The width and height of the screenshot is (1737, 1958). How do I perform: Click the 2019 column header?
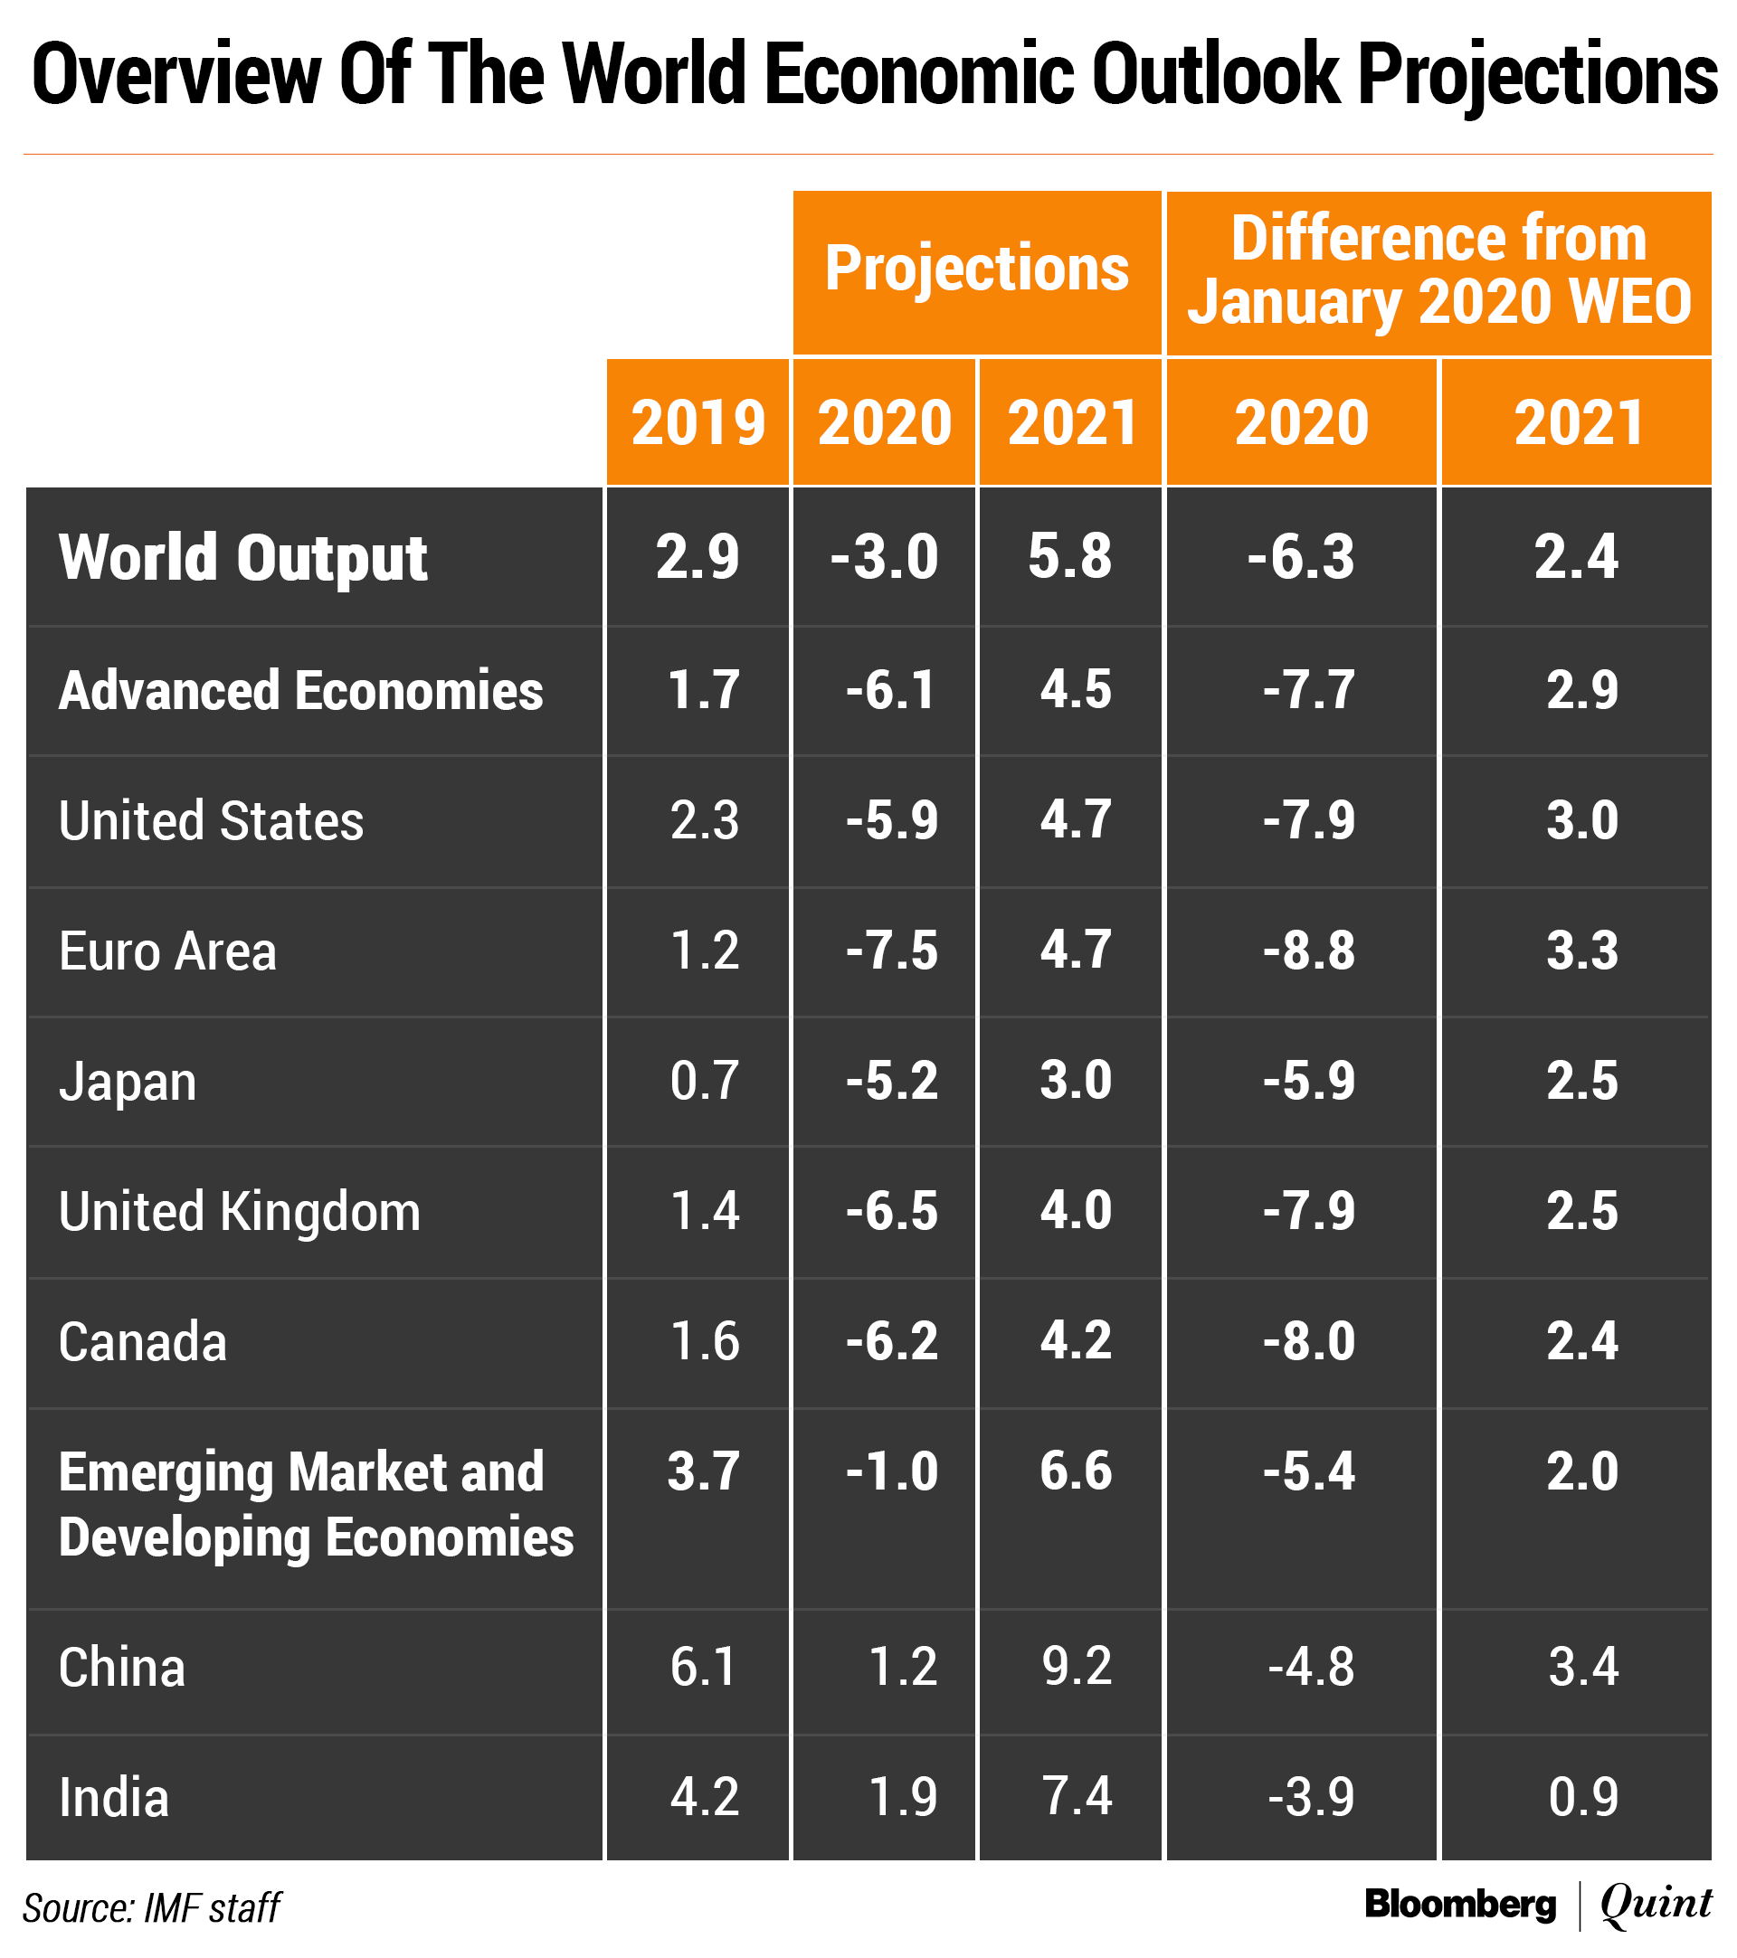(x=698, y=423)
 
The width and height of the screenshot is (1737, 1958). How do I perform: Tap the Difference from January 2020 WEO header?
(x=1438, y=270)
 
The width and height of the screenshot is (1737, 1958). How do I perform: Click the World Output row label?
(x=242, y=557)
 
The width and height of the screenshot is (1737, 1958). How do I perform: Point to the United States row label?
(x=211, y=821)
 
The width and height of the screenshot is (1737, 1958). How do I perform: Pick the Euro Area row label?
(x=167, y=951)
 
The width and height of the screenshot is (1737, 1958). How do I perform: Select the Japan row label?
(x=128, y=1082)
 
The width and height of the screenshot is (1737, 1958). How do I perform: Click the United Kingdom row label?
(x=240, y=1212)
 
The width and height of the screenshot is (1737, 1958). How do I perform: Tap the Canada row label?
(x=143, y=1341)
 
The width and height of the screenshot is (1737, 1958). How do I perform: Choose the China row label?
(x=121, y=1668)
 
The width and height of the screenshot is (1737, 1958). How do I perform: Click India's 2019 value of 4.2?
(x=704, y=1797)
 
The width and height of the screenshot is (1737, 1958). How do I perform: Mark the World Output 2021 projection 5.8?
(x=1069, y=556)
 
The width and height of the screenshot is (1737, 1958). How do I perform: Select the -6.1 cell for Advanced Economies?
(x=890, y=690)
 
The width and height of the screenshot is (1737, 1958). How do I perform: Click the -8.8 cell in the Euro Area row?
(x=1309, y=951)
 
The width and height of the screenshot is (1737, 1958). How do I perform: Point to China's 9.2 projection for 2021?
(x=1077, y=1667)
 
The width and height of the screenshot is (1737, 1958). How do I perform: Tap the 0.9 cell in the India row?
(x=1582, y=1797)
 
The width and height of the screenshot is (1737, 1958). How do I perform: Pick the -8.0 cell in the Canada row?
(x=1309, y=1341)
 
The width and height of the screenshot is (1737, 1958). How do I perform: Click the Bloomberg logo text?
(x=1460, y=1905)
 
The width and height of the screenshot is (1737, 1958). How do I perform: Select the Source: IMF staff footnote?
(x=151, y=1908)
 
